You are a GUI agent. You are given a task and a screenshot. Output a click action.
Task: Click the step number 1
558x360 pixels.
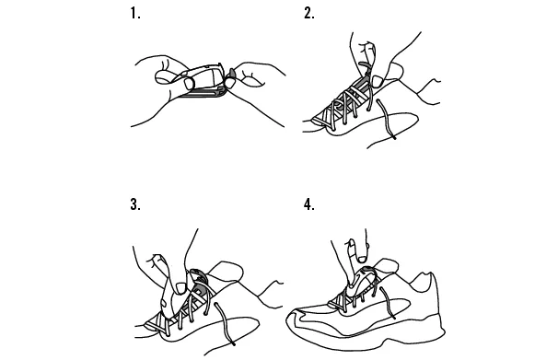tap(135, 14)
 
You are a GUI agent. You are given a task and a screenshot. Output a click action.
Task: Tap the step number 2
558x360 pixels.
tap(309, 14)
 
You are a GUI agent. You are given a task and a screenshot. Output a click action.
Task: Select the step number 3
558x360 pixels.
tap(135, 204)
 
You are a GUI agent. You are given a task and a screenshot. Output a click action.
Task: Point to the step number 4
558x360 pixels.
tap(309, 204)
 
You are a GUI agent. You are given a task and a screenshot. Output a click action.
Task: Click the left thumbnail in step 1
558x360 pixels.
tap(189, 84)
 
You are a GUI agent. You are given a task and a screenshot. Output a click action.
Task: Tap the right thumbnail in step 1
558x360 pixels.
tap(229, 83)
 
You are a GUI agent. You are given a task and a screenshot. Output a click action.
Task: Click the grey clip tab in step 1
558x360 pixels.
tap(232, 74)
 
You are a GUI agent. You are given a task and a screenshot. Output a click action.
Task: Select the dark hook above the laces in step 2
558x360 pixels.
tap(365, 64)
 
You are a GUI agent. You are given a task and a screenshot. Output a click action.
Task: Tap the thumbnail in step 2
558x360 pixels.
tap(377, 81)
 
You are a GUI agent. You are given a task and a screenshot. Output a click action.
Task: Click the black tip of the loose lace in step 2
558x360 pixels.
tap(394, 137)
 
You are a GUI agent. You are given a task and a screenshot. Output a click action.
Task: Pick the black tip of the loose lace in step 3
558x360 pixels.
tap(233, 343)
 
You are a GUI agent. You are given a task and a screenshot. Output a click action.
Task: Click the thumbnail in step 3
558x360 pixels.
tap(180, 288)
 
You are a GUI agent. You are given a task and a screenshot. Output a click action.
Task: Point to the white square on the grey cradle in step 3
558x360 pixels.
tap(196, 292)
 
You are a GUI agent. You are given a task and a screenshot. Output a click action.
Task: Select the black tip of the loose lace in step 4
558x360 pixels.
tap(393, 317)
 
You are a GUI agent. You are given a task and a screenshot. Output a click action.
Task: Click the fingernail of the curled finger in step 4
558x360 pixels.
tap(362, 259)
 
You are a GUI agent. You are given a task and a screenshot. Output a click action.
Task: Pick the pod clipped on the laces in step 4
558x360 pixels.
tap(361, 282)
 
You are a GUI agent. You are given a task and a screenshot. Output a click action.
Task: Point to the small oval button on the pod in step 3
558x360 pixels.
tap(163, 304)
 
